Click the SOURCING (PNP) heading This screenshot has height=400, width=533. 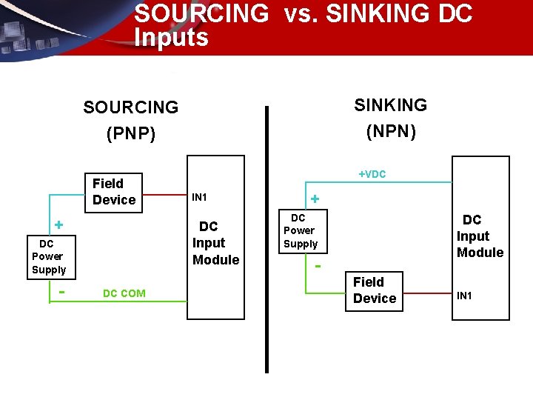pos(131,120)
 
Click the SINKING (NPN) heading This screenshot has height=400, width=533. pos(391,118)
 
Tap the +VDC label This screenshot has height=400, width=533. pos(372,174)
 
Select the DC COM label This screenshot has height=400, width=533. pos(124,293)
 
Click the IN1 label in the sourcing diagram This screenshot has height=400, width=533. pos(199,197)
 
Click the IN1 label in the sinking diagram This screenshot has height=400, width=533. pos(465,296)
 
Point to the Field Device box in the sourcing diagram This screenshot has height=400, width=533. pos(114,191)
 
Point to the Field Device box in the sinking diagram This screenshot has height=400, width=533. pos(375,290)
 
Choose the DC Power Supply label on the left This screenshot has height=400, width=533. pos(49,256)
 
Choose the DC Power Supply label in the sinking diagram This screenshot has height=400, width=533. pos(300,230)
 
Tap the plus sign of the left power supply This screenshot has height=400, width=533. pos(58,224)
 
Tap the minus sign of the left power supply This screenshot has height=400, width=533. pos(61,291)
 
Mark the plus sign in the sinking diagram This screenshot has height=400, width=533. pos(315,199)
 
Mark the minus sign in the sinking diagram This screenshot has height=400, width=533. pos(318,265)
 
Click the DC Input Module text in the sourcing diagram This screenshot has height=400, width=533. pos(215,243)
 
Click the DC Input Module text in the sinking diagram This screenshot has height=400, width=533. pos(480,236)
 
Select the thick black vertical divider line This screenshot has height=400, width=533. pos(266,237)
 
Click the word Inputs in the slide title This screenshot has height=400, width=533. pos(172,37)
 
